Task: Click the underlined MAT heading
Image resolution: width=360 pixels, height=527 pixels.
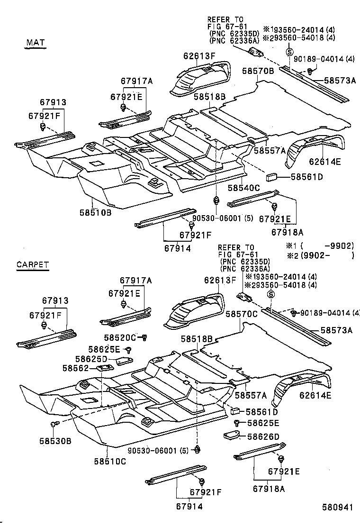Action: coord(35,43)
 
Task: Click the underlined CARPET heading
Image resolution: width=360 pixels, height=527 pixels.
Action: coord(33,265)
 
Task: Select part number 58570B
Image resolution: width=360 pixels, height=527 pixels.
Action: coord(258,71)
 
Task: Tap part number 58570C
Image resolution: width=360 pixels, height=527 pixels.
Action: coord(242,314)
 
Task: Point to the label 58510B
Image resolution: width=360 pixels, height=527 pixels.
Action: coord(95,212)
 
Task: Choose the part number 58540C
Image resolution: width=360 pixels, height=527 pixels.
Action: coord(244,188)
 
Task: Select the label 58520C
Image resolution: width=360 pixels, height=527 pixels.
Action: coord(120,337)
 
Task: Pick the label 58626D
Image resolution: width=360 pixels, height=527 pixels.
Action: coord(264,436)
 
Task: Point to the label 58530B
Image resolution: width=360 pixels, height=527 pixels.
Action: coord(55,441)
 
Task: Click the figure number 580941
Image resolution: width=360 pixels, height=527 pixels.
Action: coord(337,507)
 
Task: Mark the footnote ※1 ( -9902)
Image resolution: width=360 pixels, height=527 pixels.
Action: coord(320,245)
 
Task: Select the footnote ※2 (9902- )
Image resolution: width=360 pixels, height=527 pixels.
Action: coord(320,255)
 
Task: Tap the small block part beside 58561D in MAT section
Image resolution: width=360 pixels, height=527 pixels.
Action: coord(271,177)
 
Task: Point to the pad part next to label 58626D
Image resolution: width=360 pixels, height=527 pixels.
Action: coord(231,435)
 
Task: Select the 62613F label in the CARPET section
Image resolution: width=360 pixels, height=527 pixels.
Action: coord(220,280)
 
